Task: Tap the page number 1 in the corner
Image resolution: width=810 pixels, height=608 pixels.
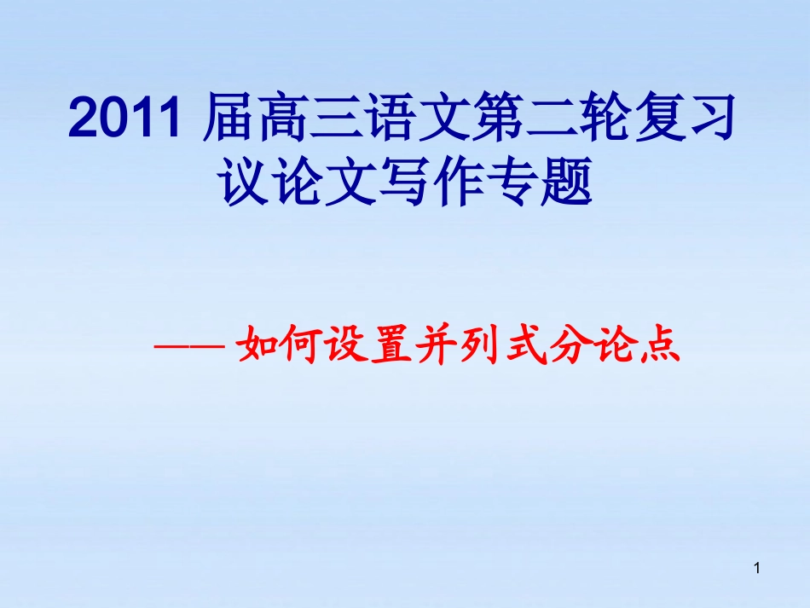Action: point(757,567)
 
